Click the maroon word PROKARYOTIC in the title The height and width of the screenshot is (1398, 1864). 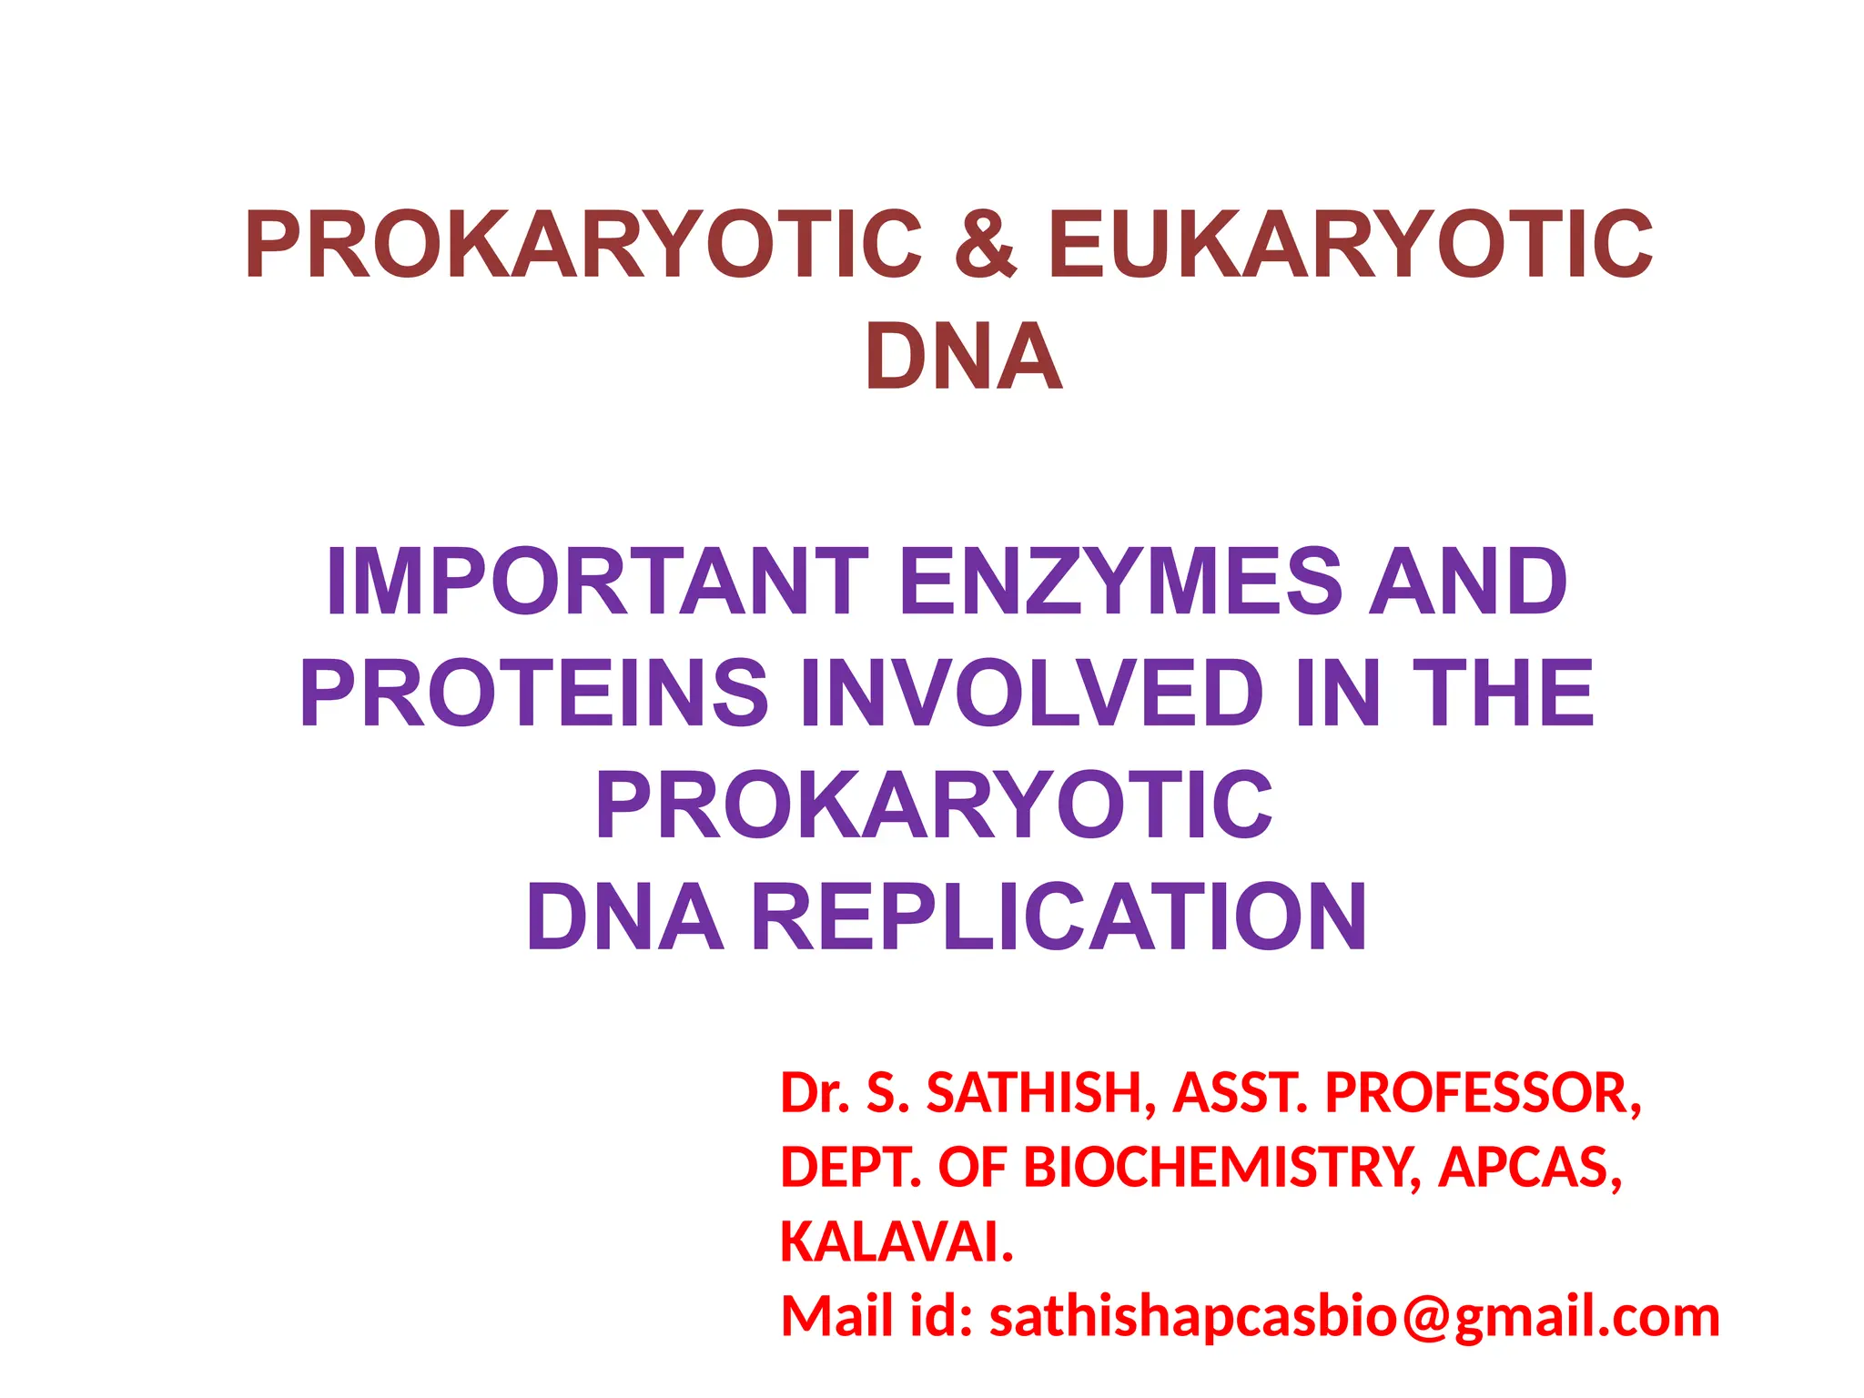[x=583, y=245]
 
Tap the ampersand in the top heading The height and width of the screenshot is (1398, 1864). [x=985, y=245]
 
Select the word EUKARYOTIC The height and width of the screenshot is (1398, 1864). [x=1350, y=245]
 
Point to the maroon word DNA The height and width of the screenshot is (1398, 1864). [x=964, y=357]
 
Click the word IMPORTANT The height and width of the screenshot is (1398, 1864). [x=597, y=582]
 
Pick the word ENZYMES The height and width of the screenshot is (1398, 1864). [x=1120, y=582]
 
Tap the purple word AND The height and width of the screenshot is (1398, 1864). [x=1468, y=582]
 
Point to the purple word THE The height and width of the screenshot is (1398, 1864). [x=1503, y=694]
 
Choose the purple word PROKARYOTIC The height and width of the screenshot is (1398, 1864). [x=934, y=805]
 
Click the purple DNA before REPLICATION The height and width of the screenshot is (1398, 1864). [x=625, y=917]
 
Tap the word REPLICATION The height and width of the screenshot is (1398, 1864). [x=1059, y=917]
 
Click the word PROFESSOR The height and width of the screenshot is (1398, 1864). [x=1483, y=1093]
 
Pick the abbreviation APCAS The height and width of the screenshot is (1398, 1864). [x=1529, y=1168]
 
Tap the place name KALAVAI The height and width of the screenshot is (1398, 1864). [x=897, y=1242]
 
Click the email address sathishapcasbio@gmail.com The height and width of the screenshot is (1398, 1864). [x=1354, y=1317]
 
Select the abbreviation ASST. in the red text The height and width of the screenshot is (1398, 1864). [x=1241, y=1093]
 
